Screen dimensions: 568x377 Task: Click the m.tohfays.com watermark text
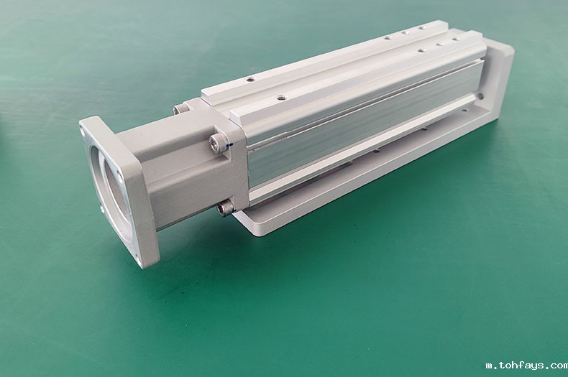(527, 366)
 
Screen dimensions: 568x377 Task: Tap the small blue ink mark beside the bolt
(230, 145)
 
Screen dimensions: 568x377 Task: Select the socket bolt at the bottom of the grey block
(224, 210)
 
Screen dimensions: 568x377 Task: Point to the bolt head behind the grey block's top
(179, 109)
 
